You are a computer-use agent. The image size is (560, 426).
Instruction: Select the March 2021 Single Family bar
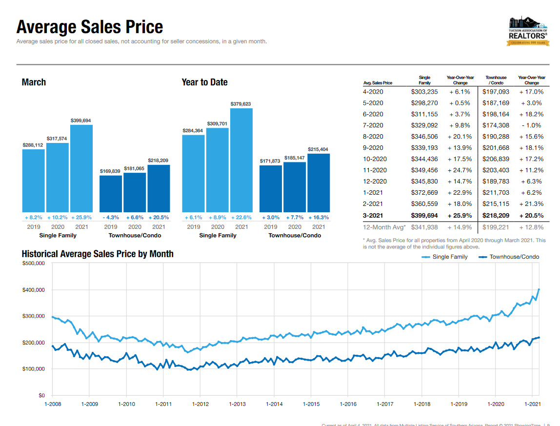81,168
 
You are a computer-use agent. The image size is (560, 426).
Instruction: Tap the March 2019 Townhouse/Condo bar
111,193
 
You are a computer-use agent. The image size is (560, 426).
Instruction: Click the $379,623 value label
241,104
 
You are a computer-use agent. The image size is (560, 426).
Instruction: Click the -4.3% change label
111,217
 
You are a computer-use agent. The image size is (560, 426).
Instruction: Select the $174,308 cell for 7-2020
496,125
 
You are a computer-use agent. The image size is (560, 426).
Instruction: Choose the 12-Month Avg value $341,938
424,227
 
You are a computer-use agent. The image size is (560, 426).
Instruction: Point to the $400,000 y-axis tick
34,290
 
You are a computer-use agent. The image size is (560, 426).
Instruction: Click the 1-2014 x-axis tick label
274,404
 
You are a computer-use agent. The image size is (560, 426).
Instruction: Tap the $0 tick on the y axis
41,395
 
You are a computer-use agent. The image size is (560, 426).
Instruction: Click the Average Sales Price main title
90,27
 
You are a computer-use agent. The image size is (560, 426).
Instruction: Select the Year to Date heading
204,82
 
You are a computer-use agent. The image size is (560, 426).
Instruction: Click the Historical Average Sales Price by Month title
98,254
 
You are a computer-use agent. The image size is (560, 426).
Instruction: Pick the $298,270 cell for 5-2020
424,103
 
